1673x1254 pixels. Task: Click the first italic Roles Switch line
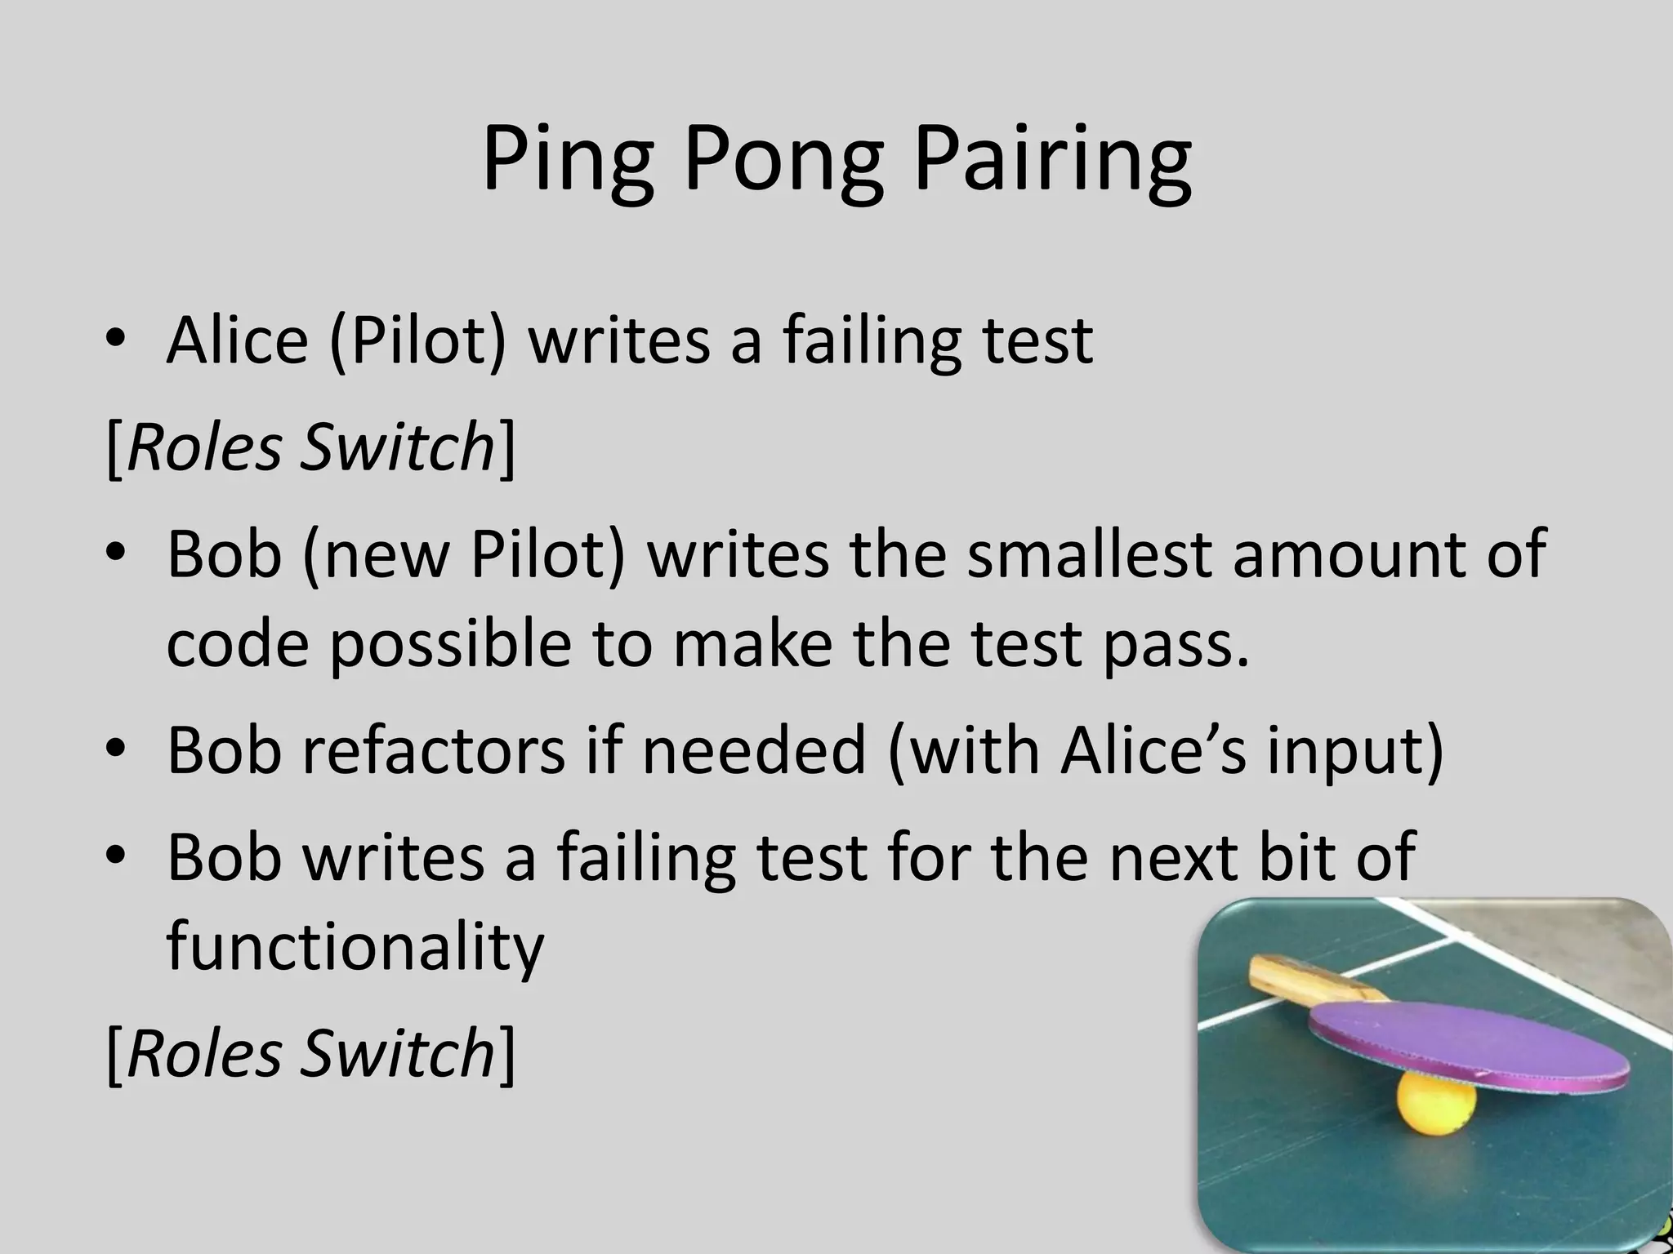(x=310, y=447)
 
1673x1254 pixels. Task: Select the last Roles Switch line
(x=310, y=1053)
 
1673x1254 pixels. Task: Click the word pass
(x=1176, y=645)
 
